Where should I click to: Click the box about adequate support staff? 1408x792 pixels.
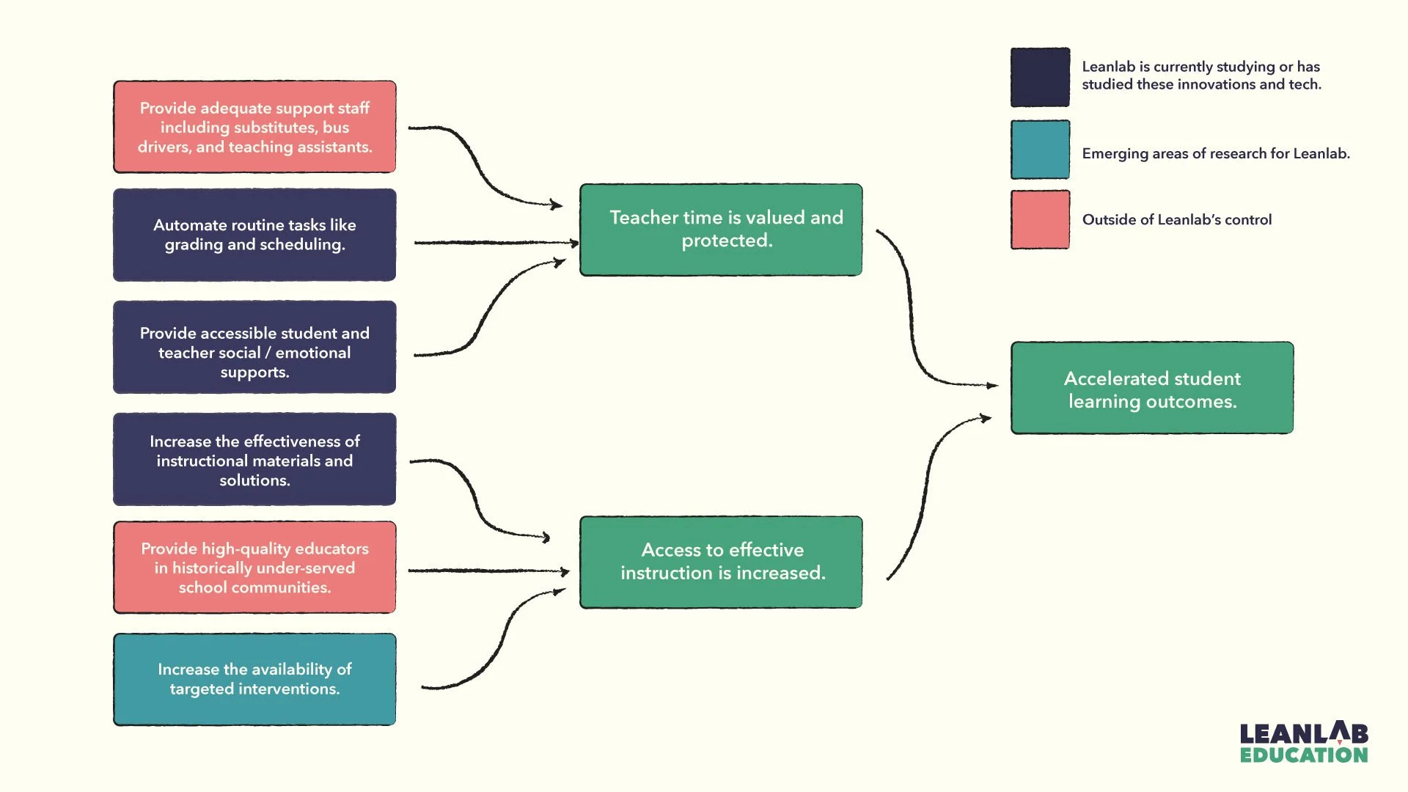pos(254,127)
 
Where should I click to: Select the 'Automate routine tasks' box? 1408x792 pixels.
pos(254,235)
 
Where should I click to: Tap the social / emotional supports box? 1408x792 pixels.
pos(254,348)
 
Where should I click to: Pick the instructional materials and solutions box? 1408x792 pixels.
pos(254,460)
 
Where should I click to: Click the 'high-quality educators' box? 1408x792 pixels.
pos(254,568)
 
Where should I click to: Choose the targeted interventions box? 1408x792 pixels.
pos(254,679)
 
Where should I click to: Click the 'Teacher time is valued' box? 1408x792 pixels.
pos(721,230)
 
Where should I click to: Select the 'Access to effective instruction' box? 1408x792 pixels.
pos(721,562)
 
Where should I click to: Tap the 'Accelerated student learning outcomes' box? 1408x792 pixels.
pos(1152,388)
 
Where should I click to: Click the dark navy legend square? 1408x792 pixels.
pos(1040,77)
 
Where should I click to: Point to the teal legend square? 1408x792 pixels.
pos(1040,150)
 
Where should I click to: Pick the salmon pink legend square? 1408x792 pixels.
pos(1040,220)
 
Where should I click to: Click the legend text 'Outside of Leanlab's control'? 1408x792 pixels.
pos(1176,220)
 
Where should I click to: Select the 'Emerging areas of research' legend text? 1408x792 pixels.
pos(1215,154)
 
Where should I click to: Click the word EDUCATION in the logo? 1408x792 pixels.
pos(1304,755)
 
